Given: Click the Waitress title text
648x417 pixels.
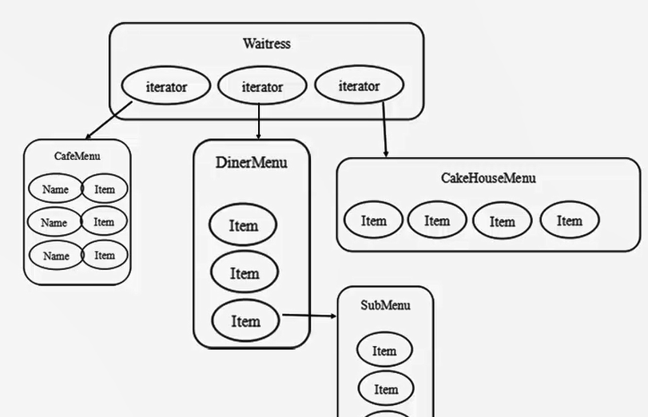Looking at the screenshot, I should click(266, 44).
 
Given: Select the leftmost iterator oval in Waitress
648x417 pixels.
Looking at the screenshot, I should click(166, 86).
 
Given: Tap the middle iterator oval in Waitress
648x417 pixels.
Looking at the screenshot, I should click(262, 86).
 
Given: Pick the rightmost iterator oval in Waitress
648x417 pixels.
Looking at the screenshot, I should click(359, 85).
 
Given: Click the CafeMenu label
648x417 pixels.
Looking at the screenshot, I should click(78, 156).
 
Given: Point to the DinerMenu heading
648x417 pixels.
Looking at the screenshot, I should click(251, 163).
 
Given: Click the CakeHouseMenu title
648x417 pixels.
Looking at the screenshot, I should click(488, 178).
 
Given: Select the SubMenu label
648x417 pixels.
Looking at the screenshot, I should click(385, 305).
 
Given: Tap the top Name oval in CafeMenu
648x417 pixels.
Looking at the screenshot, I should click(55, 189).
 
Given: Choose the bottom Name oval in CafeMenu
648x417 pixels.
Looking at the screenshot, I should click(56, 256).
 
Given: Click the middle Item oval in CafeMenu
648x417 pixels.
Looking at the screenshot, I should click(104, 222).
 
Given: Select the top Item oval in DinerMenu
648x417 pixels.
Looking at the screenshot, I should click(244, 225).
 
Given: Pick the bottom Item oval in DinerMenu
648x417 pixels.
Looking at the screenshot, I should click(245, 321).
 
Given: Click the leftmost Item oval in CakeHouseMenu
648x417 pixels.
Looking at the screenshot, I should click(373, 220).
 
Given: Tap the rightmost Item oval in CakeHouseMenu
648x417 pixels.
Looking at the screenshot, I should click(569, 220).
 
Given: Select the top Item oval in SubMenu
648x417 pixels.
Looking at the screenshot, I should click(384, 351).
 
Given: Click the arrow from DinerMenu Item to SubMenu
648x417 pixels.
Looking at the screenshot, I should click(309, 316).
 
